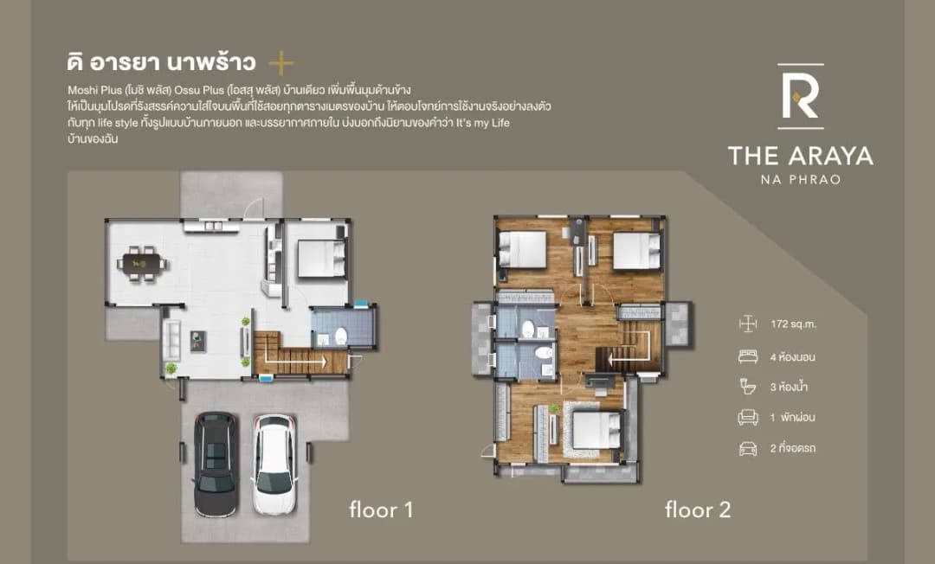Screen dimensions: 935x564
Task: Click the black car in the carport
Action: click(x=216, y=464)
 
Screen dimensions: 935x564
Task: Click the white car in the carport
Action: click(x=274, y=464)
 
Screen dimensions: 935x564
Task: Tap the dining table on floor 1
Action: click(x=143, y=263)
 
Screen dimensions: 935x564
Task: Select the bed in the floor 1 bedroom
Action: click(x=321, y=258)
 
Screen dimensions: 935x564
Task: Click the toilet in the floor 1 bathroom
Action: click(x=340, y=336)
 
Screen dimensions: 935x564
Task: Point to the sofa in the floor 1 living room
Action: click(x=171, y=340)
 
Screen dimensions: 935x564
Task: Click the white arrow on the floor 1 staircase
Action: click(x=295, y=361)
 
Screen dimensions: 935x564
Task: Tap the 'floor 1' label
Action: click(x=381, y=510)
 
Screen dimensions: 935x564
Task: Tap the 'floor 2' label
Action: click(x=698, y=510)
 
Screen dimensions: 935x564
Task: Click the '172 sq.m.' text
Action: click(x=793, y=324)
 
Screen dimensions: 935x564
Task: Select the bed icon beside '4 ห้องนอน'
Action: click(x=748, y=356)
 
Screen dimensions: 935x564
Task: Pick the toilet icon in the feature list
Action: click(x=748, y=387)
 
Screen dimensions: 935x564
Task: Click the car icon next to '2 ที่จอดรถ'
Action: click(x=748, y=448)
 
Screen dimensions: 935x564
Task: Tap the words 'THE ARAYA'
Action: click(x=801, y=156)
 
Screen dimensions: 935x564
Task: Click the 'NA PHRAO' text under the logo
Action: click(x=801, y=179)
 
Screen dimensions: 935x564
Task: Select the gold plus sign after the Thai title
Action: click(x=280, y=63)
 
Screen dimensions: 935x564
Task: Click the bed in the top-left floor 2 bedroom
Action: click(x=522, y=248)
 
